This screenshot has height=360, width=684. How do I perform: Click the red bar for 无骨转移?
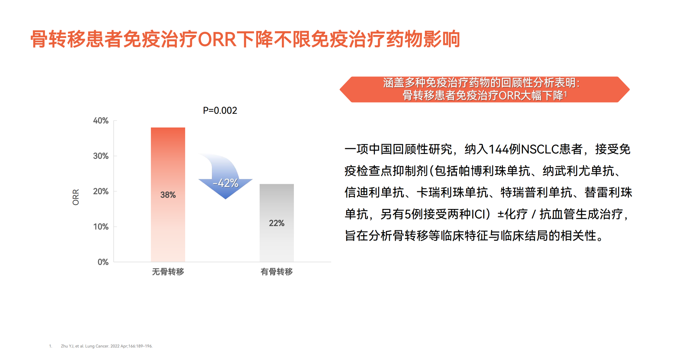click(x=168, y=194)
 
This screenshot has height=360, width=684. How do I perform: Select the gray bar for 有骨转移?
click(x=277, y=223)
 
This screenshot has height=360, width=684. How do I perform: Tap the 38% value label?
click(x=168, y=195)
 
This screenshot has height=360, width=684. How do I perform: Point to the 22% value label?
click(x=277, y=223)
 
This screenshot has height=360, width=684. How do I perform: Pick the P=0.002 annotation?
click(x=220, y=110)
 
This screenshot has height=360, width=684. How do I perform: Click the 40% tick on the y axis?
click(x=101, y=121)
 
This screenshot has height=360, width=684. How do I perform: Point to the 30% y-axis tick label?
click(x=101, y=156)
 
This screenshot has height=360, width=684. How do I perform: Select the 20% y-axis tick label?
click(x=101, y=191)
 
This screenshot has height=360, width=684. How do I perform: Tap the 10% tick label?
click(x=101, y=227)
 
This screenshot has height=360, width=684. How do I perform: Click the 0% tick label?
click(x=103, y=262)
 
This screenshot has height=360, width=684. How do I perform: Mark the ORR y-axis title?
click(x=76, y=197)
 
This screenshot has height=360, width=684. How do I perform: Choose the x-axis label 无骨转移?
click(x=168, y=272)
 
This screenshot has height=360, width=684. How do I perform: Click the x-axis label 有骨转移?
click(x=277, y=272)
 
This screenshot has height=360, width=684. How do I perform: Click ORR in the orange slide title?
click(x=217, y=39)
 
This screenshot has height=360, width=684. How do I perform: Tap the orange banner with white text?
click(x=484, y=89)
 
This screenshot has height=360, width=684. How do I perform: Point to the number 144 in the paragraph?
click(x=499, y=149)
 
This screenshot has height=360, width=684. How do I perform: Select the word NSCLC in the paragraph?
click(x=540, y=149)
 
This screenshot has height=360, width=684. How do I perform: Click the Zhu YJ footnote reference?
click(x=107, y=346)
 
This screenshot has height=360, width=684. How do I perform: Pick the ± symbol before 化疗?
click(x=501, y=214)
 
